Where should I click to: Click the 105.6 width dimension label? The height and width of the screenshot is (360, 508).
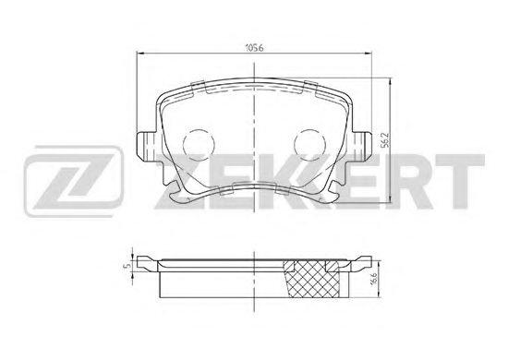(x=254, y=48)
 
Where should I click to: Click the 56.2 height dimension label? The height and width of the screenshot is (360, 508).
(x=384, y=140)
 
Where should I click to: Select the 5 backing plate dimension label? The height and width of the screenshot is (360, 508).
(x=127, y=266)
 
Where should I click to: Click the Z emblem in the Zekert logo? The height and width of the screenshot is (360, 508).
(x=73, y=182)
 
